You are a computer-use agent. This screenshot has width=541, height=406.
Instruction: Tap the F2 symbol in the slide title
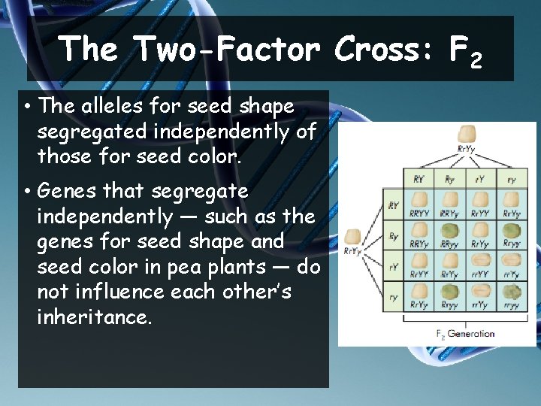464,51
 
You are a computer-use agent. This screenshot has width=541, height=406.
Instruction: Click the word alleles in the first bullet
104,106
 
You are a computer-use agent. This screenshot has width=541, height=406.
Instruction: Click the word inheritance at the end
94,317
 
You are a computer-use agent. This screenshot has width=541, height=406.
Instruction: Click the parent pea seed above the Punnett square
466,135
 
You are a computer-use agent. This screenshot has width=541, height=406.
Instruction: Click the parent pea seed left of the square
352,237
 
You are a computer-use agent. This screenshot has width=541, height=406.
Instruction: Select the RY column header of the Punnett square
418,180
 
